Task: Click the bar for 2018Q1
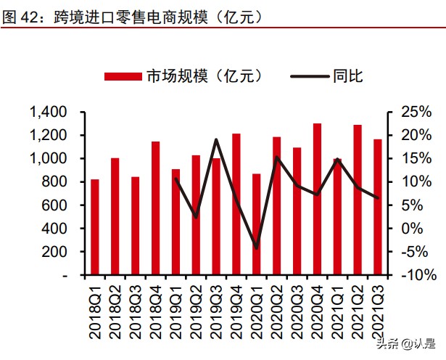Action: (95, 226)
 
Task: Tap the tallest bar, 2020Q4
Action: (317, 199)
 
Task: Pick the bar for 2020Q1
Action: (256, 224)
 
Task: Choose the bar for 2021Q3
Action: (378, 207)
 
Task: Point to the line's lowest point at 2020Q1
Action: (256, 248)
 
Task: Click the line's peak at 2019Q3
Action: (216, 139)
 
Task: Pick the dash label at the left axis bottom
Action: (64, 276)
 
